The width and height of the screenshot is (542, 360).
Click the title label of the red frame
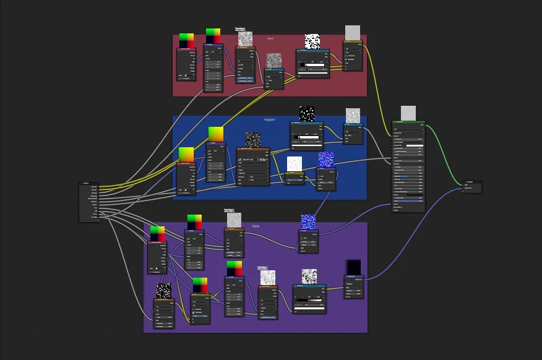coord(270,38)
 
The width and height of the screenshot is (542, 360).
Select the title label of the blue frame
coord(269,119)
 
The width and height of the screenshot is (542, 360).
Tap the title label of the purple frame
coord(256,226)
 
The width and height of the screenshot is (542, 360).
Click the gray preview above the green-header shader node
coord(408,113)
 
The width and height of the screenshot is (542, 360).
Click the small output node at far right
coord(472,186)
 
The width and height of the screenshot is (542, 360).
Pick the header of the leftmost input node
coord(88,183)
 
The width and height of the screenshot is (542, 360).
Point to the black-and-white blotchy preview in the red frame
coord(312,41)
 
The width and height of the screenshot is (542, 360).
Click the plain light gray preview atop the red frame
coord(352,32)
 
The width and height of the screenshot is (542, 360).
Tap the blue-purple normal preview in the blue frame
coord(326,160)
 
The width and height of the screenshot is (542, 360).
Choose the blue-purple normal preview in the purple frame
coord(308,221)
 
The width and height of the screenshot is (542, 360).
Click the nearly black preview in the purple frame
coord(354,267)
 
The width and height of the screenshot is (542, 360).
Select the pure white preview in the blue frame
coord(295,163)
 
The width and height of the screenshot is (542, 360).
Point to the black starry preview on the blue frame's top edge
coord(307,114)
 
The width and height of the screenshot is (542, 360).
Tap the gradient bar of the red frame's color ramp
coord(312,64)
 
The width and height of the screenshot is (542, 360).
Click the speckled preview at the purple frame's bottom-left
coord(163,291)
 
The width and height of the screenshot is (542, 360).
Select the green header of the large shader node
coord(408,122)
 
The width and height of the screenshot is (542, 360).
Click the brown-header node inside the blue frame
coord(253,149)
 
